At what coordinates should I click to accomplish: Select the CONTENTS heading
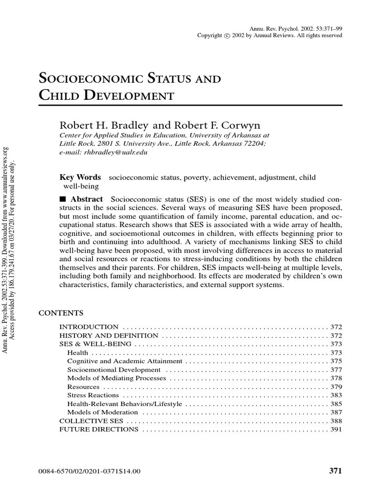(x=61, y=313)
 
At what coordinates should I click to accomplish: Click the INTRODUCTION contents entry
(x=89, y=326)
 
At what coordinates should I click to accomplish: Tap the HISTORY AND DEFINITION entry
(x=108, y=336)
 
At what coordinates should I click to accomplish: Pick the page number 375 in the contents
(x=336, y=361)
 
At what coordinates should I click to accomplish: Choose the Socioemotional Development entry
(x=114, y=370)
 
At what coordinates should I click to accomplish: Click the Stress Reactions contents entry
(x=93, y=395)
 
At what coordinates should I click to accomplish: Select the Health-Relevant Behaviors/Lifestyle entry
(x=124, y=404)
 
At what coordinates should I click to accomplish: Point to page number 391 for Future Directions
(x=336, y=429)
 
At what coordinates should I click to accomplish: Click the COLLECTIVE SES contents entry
(x=91, y=420)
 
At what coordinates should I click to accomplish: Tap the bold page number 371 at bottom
(x=335, y=471)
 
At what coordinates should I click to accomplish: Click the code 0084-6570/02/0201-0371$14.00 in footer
(x=89, y=472)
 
